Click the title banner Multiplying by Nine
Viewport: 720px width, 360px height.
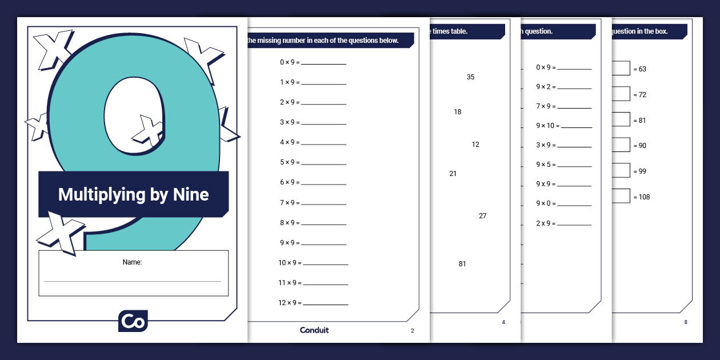[133, 194]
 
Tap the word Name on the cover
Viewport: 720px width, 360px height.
[132, 262]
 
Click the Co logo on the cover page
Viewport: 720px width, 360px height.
[133, 321]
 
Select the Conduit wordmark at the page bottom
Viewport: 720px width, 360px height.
[314, 330]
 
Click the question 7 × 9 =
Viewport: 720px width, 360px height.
[290, 203]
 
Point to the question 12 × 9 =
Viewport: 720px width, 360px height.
[290, 303]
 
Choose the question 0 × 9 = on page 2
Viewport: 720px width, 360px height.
[290, 62]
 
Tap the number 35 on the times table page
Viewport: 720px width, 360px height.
[470, 77]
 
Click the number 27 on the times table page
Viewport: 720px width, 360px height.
[483, 216]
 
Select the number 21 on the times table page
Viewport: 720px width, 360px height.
[453, 174]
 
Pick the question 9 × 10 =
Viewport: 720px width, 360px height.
[547, 126]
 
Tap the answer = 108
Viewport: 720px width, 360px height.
[642, 197]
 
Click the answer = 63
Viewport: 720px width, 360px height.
[640, 69]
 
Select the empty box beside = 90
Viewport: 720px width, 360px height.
[621, 145]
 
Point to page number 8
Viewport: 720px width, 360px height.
[686, 322]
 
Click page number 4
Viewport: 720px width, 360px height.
[503, 322]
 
